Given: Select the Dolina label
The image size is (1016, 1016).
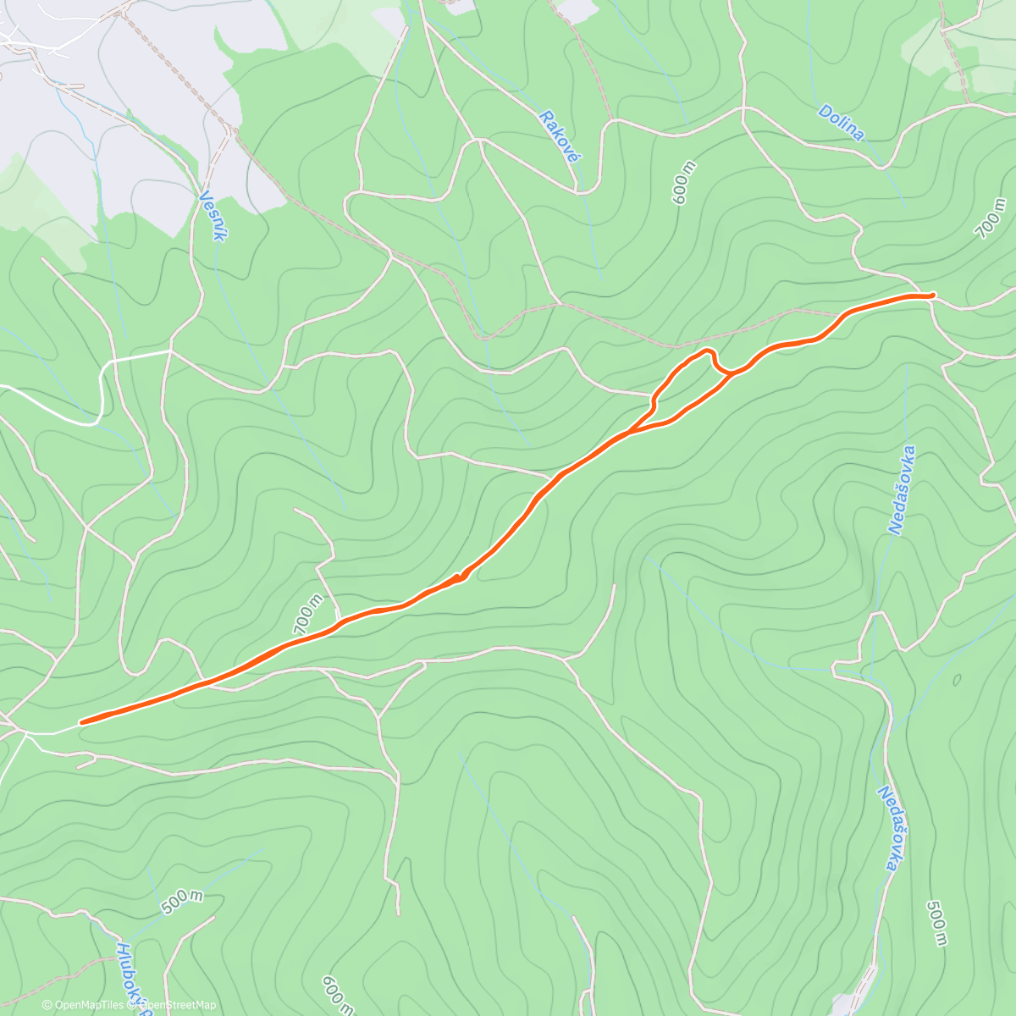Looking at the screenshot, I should (842, 123).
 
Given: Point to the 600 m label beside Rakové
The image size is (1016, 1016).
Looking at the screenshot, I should (682, 182).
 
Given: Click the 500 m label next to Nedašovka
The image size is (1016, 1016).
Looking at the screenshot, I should (936, 923).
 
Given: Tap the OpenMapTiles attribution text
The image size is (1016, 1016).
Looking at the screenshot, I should (84, 1005).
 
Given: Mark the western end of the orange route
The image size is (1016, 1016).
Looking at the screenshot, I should (81, 722).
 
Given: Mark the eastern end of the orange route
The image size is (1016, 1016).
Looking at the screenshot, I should (932, 295).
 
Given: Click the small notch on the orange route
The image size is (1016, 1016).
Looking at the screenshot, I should (461, 577).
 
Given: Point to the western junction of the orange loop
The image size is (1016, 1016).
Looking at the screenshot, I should (630, 433).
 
